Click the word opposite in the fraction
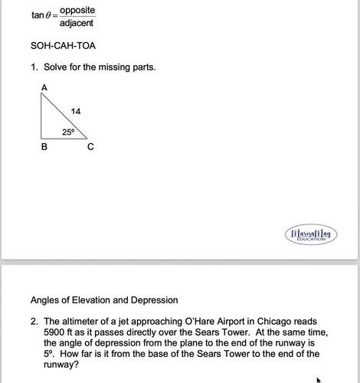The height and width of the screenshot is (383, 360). click(x=77, y=10)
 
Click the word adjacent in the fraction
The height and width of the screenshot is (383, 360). click(x=77, y=24)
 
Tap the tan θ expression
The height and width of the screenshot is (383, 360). click(x=42, y=16)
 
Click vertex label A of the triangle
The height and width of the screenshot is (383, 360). click(x=44, y=87)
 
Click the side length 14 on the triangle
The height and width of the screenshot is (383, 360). click(x=75, y=112)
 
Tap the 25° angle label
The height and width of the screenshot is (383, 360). click(x=68, y=132)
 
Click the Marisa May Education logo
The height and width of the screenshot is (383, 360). click(x=311, y=233)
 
